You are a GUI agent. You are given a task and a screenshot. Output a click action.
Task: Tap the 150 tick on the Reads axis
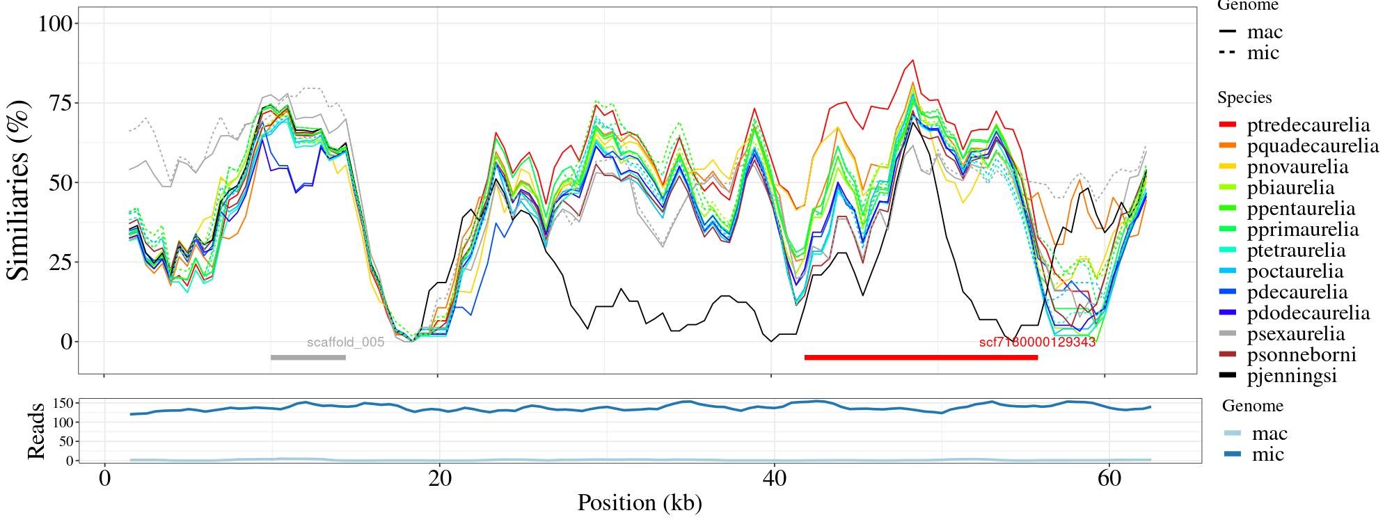[x=63, y=403]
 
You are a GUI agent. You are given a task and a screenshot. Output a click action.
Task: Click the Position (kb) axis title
[x=639, y=503]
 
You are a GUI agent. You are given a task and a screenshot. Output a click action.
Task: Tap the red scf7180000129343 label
[x=1037, y=342]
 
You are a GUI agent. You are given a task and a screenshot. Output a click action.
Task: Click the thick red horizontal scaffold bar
[x=921, y=358]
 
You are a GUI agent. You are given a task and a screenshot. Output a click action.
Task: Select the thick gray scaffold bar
[x=308, y=358]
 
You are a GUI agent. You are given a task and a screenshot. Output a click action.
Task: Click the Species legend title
[x=1244, y=98]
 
